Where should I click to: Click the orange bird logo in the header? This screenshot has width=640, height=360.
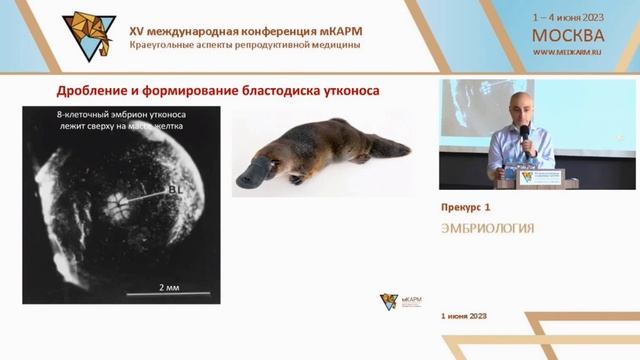point(89,35)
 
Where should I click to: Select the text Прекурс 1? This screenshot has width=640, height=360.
point(466,207)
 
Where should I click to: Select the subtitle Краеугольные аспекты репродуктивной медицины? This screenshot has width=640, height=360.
point(245,46)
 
